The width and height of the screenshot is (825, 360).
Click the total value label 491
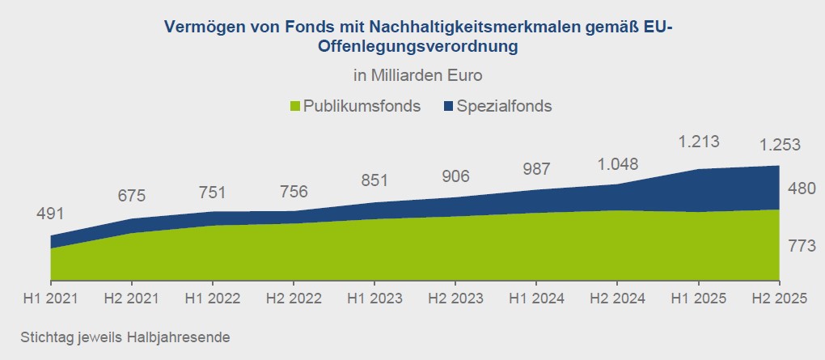pyautogui.click(x=50, y=214)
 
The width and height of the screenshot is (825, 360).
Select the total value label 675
pyautogui.click(x=131, y=197)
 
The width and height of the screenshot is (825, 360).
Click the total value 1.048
pyautogui.click(x=616, y=164)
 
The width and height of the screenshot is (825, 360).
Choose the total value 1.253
pyautogui.click(x=778, y=146)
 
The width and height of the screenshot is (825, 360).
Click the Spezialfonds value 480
pyautogui.click(x=801, y=188)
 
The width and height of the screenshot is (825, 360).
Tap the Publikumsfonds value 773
pyautogui.click(x=801, y=247)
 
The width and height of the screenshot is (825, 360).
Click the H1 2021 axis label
pyautogui.click(x=50, y=299)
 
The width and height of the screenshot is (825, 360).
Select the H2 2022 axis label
pyautogui.click(x=293, y=299)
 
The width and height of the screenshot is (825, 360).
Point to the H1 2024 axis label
pyautogui.click(x=535, y=299)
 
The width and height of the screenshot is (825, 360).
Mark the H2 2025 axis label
pyautogui.click(x=778, y=299)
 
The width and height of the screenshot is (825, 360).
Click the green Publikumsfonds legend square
pyautogui.click(x=295, y=106)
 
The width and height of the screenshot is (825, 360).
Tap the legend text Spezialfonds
pyautogui.click(x=504, y=106)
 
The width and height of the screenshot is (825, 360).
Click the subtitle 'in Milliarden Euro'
pyautogui.click(x=417, y=76)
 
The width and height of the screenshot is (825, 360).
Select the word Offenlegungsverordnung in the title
pyautogui.click(x=417, y=47)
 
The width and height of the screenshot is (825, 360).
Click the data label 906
pyautogui.click(x=455, y=176)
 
